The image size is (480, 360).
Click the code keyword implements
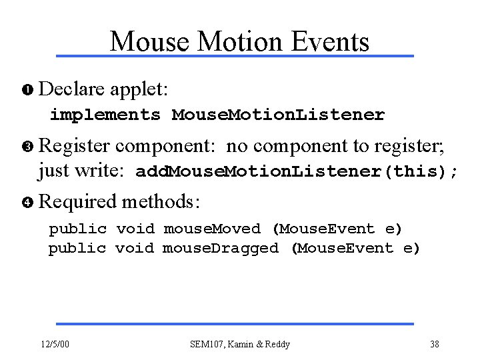(105, 115)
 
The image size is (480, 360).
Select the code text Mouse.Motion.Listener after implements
(278, 115)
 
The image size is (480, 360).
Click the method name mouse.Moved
(212, 229)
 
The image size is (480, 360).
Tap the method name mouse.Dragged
(221, 249)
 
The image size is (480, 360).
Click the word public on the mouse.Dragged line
(77, 249)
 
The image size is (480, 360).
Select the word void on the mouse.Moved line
(135, 229)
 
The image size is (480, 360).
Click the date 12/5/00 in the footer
(55, 344)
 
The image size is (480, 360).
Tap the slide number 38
(434, 344)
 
